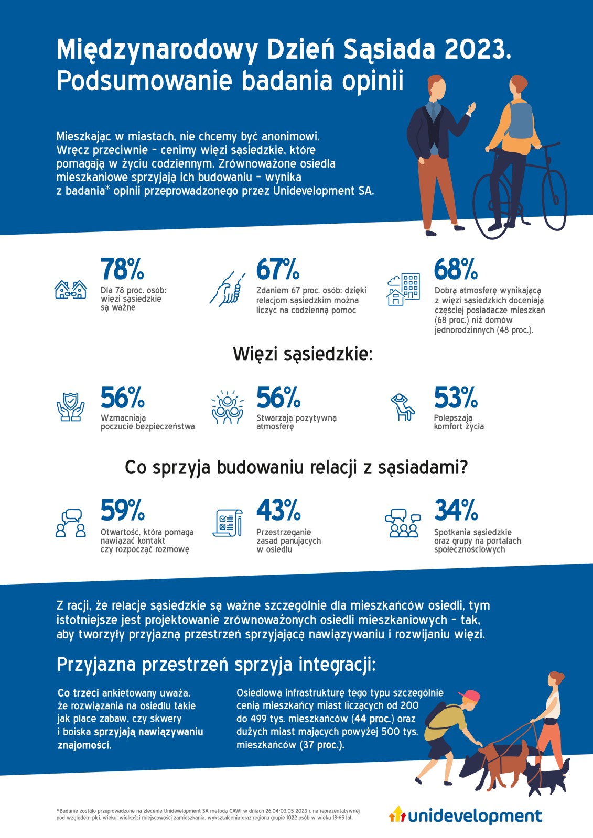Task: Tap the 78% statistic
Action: [122, 269]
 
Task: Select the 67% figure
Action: [277, 269]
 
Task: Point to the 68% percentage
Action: [455, 269]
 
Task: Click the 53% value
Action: [455, 398]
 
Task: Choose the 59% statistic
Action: [122, 510]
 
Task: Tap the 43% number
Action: [278, 510]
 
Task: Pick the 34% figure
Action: [455, 510]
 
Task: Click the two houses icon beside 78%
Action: [70, 289]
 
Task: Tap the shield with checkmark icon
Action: [70, 407]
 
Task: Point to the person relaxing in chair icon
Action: [402, 407]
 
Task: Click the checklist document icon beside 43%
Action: [228, 522]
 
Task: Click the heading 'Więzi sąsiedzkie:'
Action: [303, 355]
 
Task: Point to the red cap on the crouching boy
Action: [469, 696]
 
